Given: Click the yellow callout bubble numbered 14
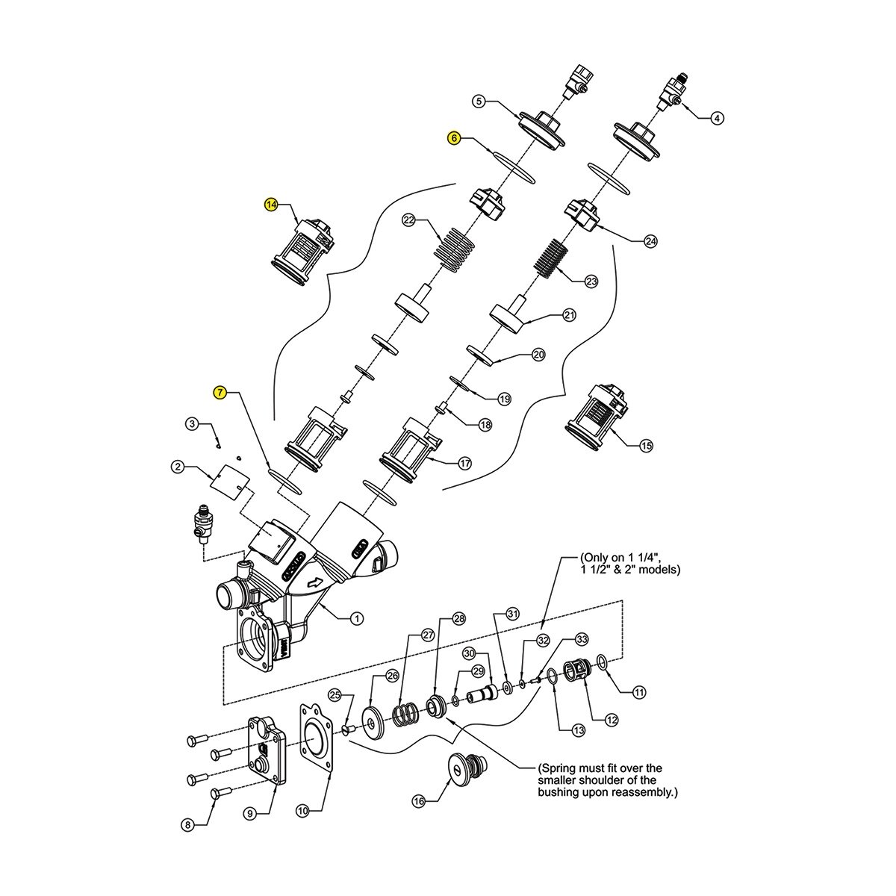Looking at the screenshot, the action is click(271, 205).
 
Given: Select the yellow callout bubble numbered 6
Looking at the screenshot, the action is click(454, 138).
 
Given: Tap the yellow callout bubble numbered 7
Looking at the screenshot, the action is click(220, 393).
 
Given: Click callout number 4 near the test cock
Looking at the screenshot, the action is click(718, 118).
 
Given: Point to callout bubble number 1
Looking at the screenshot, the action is click(357, 619).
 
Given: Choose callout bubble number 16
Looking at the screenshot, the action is click(419, 802).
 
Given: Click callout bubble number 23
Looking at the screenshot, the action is click(591, 281).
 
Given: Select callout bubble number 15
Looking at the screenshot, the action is click(647, 446).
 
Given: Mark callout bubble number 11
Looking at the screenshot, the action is click(640, 692).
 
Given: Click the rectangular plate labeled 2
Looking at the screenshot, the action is click(229, 483).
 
